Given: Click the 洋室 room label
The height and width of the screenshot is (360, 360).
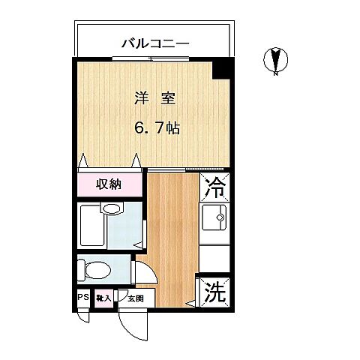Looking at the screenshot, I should (156, 98).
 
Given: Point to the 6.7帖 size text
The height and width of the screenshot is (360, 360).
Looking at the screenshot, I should (157, 128).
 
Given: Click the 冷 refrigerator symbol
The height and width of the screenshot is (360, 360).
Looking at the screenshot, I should (216, 189).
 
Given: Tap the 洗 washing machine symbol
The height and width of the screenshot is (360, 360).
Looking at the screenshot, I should (215, 292).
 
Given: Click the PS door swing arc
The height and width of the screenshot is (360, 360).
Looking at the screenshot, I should (82, 314).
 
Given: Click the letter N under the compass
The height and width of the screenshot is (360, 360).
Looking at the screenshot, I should (275, 73).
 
